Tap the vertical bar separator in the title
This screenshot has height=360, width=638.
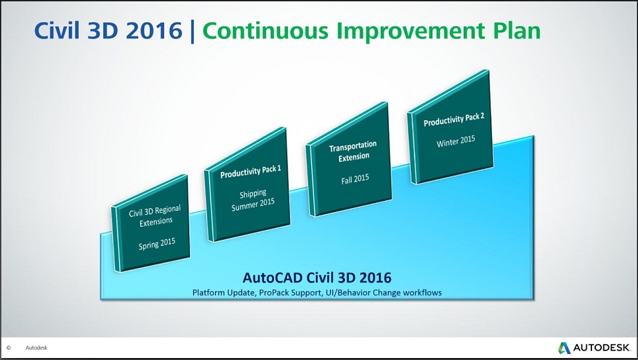pyautogui.click(x=192, y=31)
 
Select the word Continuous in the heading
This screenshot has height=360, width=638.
pyautogui.click(x=265, y=30)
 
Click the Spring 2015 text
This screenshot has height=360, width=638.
pyautogui.click(x=156, y=244)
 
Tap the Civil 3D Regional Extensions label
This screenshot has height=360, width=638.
pyautogui.click(x=155, y=216)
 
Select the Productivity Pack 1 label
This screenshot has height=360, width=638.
pyautogui.click(x=250, y=172)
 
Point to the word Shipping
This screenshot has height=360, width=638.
pyautogui.click(x=253, y=194)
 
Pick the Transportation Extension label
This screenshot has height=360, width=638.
pyautogui.click(x=353, y=151)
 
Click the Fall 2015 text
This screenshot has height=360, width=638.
pyautogui.click(x=355, y=179)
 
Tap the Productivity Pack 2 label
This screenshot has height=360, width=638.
pyautogui.click(x=453, y=120)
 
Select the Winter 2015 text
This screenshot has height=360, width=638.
pyautogui.click(x=456, y=141)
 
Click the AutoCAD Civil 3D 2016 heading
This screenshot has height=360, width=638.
pyautogui.click(x=317, y=277)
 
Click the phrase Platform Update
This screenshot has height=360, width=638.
pyautogui.click(x=224, y=292)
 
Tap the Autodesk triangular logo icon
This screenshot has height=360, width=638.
pyautogui.click(x=564, y=348)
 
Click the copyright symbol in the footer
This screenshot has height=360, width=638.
pyautogui.click(x=9, y=348)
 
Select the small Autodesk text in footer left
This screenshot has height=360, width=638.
pyautogui.click(x=36, y=348)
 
